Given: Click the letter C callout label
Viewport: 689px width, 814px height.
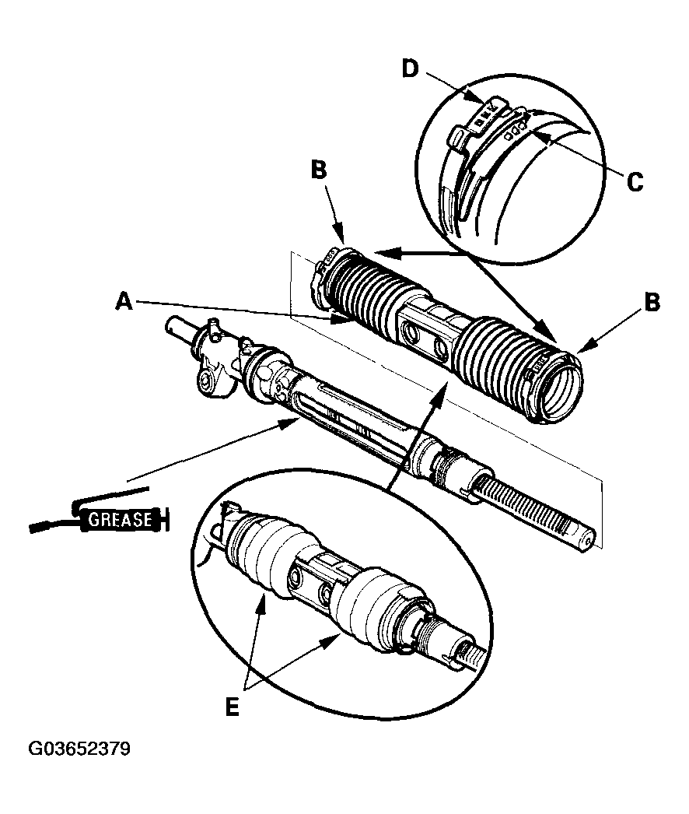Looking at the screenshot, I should [634, 182].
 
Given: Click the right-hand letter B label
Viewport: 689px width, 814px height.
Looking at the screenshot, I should [652, 303].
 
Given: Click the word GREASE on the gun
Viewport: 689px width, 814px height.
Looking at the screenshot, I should [120, 519].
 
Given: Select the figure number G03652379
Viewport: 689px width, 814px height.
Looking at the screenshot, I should [79, 749].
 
